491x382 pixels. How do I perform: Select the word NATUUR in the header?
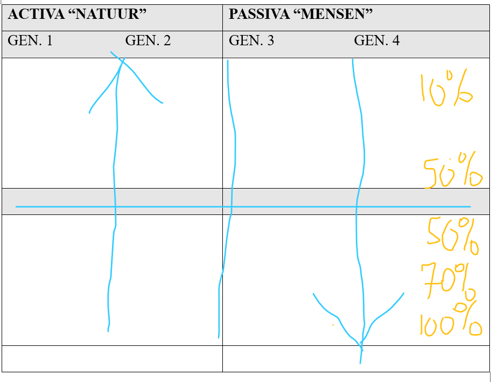click(111, 15)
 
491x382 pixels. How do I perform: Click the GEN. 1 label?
click(30, 40)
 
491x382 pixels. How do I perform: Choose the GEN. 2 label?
click(148, 40)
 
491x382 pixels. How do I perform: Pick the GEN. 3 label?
click(251, 40)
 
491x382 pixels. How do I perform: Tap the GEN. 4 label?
click(377, 40)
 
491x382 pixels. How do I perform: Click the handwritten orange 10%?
click(446, 88)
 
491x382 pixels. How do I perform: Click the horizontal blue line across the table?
click(162, 206)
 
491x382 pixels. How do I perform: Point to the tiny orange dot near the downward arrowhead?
click(333, 325)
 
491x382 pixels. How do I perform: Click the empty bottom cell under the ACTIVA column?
click(112, 358)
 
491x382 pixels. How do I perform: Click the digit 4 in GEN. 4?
click(396, 40)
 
